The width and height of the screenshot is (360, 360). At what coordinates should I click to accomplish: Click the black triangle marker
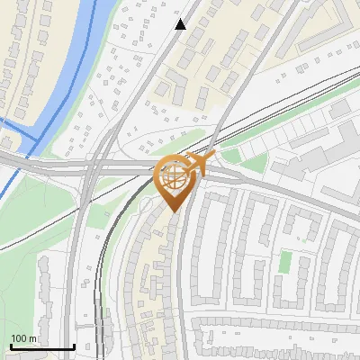click(181, 24)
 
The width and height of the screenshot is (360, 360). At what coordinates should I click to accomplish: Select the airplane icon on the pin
click(202, 161)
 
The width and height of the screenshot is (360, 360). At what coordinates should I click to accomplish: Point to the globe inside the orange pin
click(174, 175)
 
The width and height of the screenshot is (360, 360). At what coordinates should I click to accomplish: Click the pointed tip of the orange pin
click(174, 211)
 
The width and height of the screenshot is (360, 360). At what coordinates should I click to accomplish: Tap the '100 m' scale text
click(24, 338)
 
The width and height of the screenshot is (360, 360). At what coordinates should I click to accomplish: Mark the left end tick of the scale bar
click(10, 345)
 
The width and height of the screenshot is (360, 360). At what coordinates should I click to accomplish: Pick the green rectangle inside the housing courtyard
click(285, 262)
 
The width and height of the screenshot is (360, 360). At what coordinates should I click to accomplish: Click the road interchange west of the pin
click(90, 166)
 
